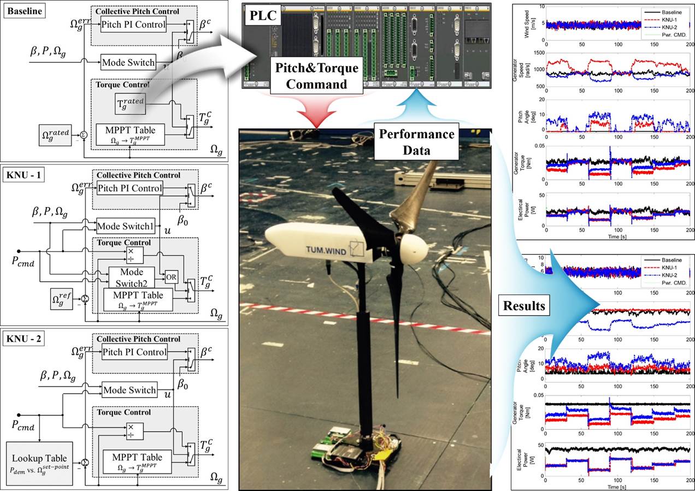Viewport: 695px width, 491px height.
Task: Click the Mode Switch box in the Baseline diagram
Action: coord(128,62)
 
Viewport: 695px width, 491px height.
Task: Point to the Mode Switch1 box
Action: coord(125,224)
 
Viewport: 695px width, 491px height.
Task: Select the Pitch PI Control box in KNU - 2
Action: coord(134,352)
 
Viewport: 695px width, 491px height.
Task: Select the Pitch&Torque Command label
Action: coord(316,76)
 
